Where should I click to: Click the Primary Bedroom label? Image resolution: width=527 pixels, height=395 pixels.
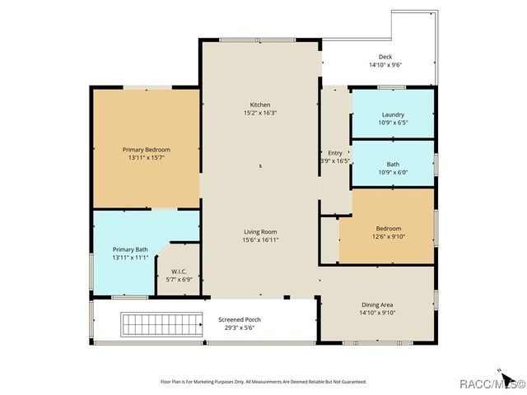coord(146,149)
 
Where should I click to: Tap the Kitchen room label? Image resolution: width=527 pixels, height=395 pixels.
coord(260,105)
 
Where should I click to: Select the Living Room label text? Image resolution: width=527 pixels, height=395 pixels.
coord(260,231)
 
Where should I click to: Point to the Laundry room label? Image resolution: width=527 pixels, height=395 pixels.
coord(393,114)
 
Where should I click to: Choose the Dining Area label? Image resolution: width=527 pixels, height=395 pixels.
coord(377,304)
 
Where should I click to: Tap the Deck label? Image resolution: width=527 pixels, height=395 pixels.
coord(385,57)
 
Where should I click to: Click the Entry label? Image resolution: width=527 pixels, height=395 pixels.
coord(335,153)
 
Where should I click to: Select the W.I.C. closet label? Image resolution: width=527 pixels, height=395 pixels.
coord(180,271)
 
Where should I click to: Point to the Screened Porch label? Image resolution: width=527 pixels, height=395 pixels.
coord(240,319)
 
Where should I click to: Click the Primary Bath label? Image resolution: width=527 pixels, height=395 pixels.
coord(130,249)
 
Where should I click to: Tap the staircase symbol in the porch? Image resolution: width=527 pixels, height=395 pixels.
coord(161,324)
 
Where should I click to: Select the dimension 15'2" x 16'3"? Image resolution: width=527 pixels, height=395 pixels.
coord(260,113)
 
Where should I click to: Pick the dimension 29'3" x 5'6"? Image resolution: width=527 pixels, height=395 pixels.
coord(240,328)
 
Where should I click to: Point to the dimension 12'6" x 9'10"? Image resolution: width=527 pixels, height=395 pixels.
coord(389,236)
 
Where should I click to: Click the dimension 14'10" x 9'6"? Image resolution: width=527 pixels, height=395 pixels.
coord(385,65)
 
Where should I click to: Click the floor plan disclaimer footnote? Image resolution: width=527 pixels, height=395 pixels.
coord(263,382)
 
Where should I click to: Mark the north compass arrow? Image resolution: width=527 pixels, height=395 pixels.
coord(499,369)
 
